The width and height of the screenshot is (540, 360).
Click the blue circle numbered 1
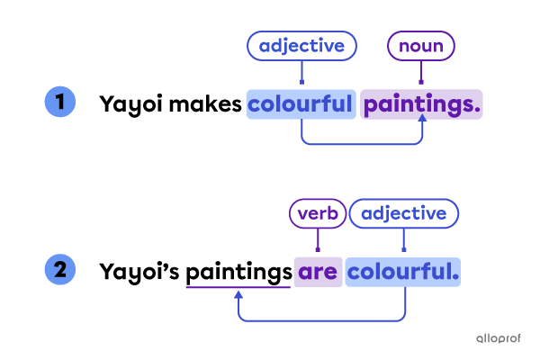pos(60,101)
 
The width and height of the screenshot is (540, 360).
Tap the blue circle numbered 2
pos(60,268)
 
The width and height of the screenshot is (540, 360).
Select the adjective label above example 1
pos(301,46)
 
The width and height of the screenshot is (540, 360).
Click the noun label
pos(420,46)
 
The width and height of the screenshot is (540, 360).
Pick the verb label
pos(318,213)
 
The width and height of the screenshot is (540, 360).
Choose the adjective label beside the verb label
pos(403,213)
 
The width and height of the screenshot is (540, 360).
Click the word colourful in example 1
pos(301,104)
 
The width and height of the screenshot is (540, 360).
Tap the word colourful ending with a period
pos(401,271)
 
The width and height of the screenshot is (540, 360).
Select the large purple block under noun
pos(421,104)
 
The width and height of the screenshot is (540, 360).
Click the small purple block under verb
pos(318,271)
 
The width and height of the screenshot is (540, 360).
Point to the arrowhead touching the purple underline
pos(238,293)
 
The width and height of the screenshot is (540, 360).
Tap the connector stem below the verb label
pos(318,240)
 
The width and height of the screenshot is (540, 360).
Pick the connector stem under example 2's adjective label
pos(403,240)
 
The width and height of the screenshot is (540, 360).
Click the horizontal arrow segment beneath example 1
pos(360,143)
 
